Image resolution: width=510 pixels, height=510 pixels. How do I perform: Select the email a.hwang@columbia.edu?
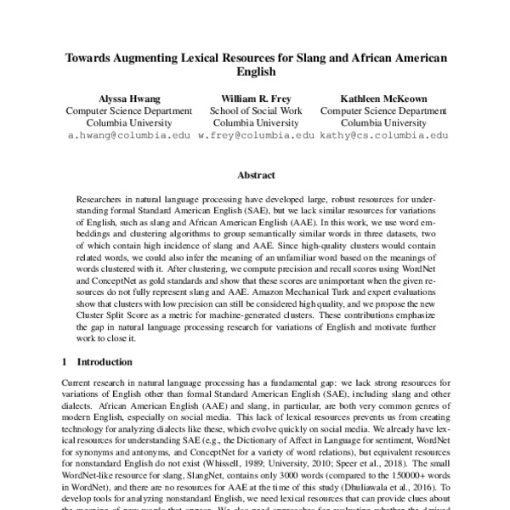click(125, 135)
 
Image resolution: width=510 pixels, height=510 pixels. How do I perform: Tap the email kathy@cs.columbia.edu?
click(382, 135)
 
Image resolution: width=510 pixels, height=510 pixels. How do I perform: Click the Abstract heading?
click(255, 175)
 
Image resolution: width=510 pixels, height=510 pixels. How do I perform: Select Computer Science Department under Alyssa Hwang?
click(125, 110)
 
